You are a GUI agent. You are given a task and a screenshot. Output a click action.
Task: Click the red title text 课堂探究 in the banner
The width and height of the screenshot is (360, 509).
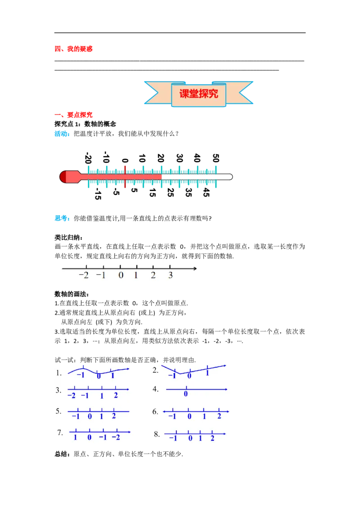(x=198, y=94)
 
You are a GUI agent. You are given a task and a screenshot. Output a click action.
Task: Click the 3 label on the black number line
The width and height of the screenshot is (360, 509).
(x=171, y=276)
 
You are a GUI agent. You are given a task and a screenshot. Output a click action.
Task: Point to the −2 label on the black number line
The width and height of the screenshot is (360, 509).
(x=84, y=276)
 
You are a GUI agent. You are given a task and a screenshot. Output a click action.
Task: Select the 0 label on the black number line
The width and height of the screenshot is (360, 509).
(x=121, y=276)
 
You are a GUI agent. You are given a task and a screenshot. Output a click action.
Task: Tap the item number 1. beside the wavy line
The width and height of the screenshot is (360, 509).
(x=59, y=373)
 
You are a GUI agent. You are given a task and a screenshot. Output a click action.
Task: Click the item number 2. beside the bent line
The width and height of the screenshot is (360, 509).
(x=156, y=370)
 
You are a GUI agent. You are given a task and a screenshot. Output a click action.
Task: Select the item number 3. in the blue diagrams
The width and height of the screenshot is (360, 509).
(x=58, y=390)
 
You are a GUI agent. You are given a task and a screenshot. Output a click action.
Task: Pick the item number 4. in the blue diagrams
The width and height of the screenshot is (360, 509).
(x=156, y=389)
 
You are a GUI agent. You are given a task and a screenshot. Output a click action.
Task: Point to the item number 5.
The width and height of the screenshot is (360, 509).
(x=58, y=411)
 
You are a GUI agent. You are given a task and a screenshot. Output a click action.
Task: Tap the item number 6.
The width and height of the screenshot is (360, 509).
(x=156, y=411)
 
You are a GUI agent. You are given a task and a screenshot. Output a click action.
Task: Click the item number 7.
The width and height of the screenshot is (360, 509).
(x=60, y=433)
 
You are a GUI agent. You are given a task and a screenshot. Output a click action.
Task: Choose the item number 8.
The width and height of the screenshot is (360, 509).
(x=157, y=434)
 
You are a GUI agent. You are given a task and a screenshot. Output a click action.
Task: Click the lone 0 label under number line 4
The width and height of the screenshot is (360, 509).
(x=185, y=394)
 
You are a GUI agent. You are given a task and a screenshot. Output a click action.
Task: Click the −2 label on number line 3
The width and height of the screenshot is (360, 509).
(x=71, y=396)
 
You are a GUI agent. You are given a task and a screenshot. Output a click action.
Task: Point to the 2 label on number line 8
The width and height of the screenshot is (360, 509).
(x=212, y=438)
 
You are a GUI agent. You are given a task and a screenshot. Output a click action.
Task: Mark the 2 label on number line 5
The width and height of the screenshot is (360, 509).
(x=114, y=416)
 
